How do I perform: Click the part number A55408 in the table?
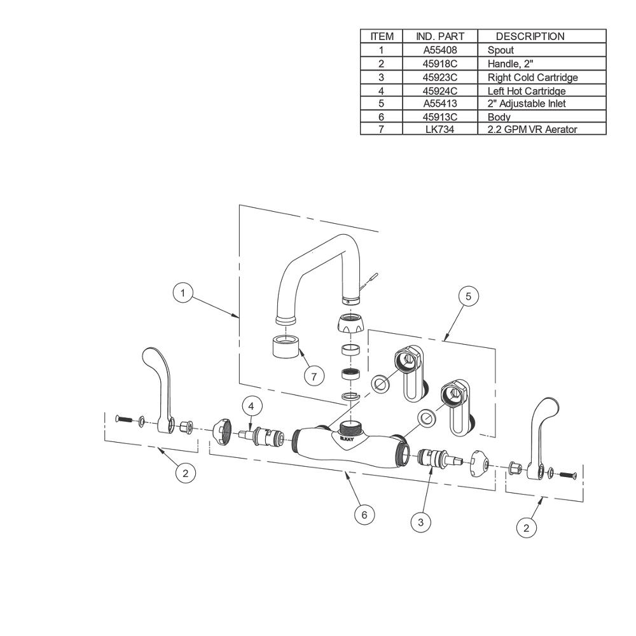440,50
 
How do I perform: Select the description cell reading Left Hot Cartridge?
527,91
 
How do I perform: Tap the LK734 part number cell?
440,129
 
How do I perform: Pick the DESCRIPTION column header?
530,36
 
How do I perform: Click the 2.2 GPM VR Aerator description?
532,129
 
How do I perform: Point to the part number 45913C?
440,117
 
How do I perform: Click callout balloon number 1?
183,293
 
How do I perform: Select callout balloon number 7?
314,377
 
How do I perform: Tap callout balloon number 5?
469,296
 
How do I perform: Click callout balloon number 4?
251,406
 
